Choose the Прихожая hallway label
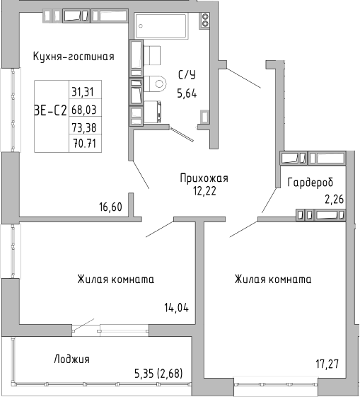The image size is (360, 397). (x=204, y=178)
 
